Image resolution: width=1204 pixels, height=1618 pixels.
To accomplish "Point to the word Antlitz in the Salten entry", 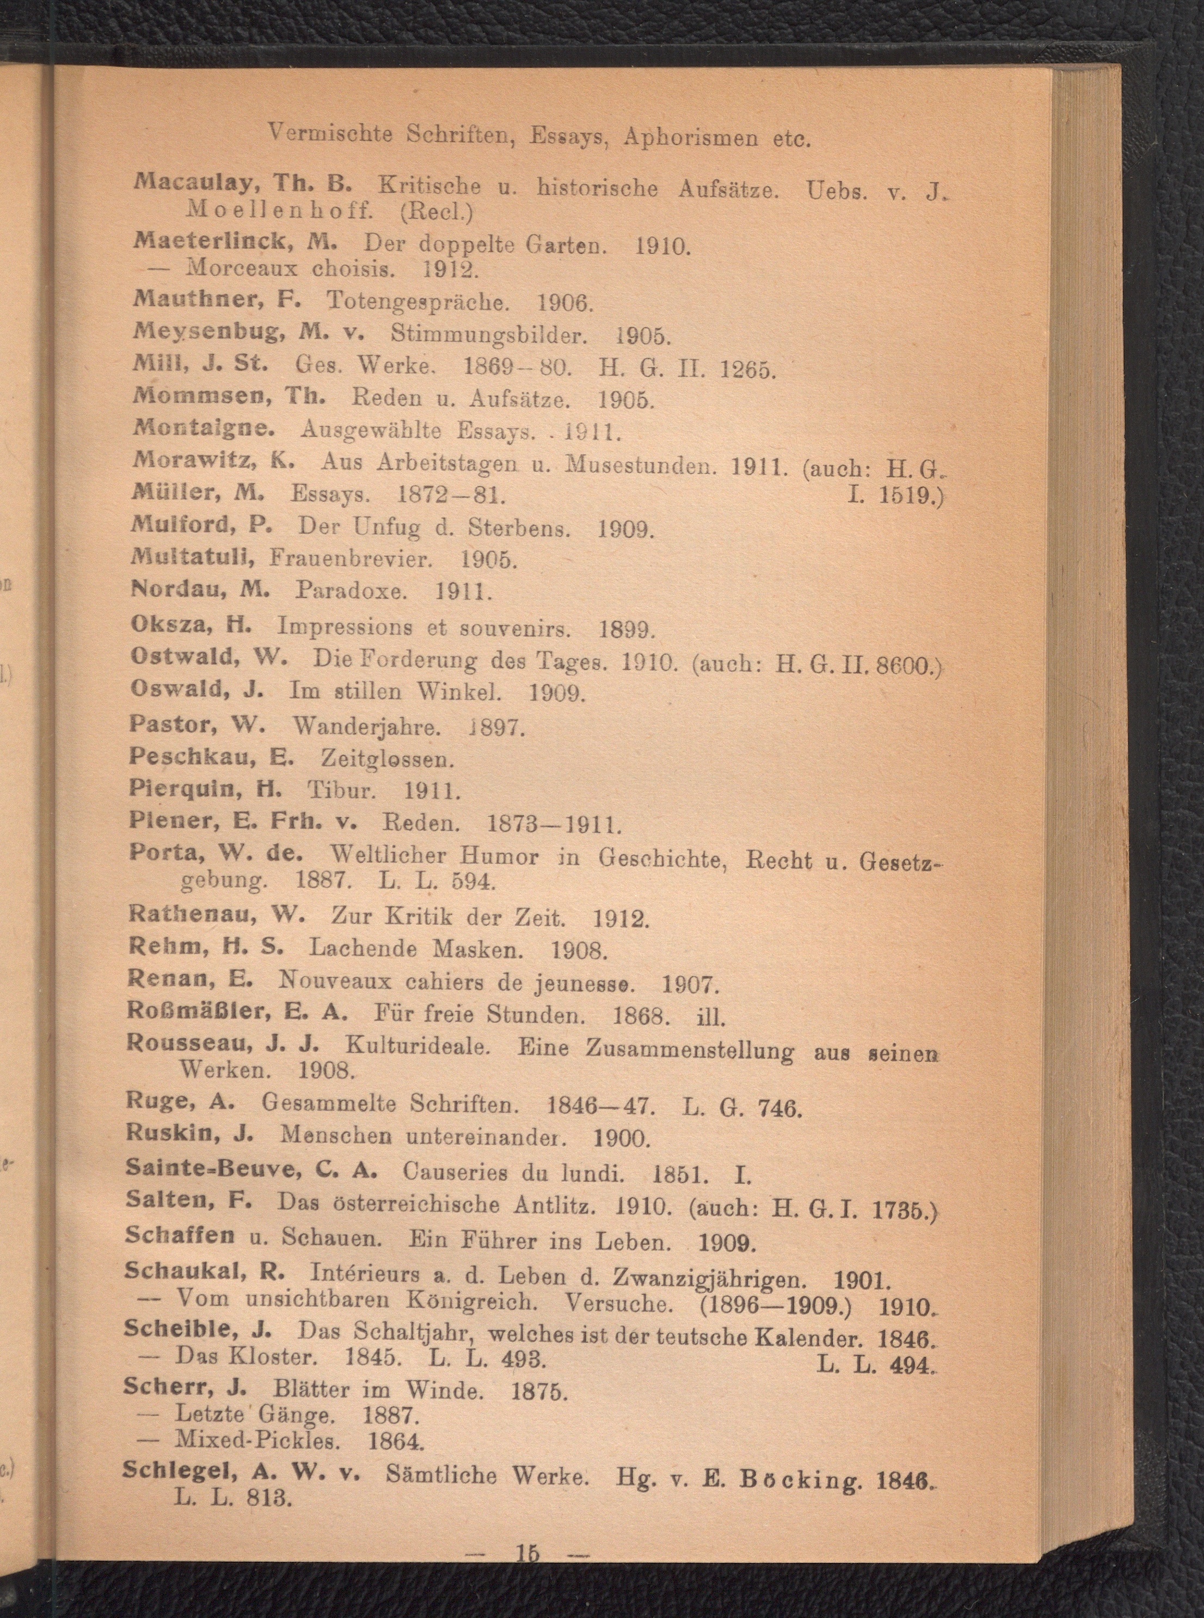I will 557,1205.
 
